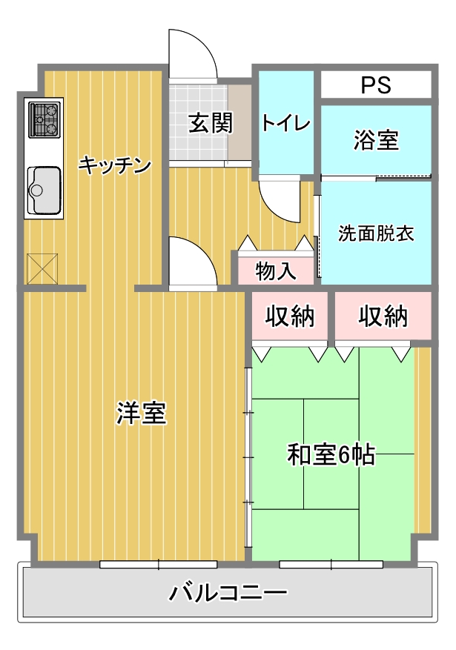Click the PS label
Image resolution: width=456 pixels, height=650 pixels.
(x=376, y=84)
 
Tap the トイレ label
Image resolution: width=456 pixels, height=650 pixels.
(x=286, y=123)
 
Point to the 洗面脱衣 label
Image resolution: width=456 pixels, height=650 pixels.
(x=376, y=233)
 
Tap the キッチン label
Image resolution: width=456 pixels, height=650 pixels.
(x=115, y=165)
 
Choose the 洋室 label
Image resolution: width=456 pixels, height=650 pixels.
(x=142, y=413)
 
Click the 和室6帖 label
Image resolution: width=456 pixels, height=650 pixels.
(x=331, y=454)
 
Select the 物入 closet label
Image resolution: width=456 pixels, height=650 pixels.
(x=276, y=271)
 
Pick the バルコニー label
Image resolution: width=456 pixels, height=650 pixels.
(x=228, y=592)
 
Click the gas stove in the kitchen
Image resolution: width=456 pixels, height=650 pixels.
(x=44, y=120)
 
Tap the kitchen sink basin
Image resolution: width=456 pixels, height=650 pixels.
(x=44, y=190)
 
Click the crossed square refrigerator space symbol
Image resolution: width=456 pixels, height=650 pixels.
(x=42, y=268)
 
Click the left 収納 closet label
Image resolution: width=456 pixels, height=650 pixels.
(x=290, y=316)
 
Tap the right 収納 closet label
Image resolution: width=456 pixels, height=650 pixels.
(x=383, y=316)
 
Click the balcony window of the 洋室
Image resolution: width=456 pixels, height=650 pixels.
(x=159, y=564)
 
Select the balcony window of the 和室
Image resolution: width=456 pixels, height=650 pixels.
(x=331, y=564)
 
